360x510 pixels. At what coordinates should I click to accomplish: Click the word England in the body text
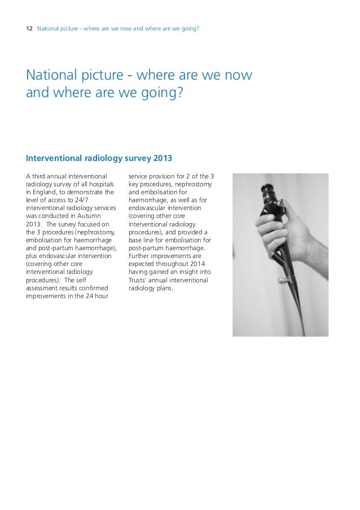click(x=45, y=193)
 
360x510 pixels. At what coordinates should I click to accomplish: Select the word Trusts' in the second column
click(x=141, y=280)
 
